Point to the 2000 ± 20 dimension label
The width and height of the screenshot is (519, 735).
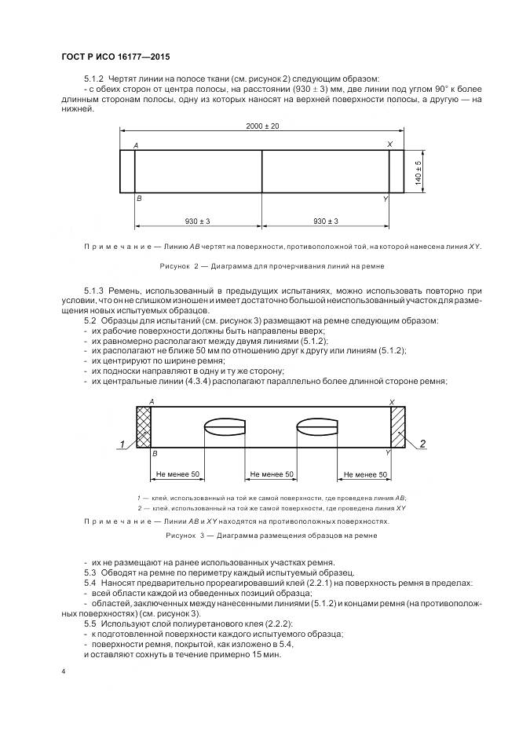262,126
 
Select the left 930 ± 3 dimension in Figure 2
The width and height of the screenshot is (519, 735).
197,221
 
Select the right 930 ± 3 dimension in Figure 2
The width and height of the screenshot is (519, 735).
325,221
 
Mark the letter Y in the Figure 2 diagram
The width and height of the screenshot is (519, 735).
385,200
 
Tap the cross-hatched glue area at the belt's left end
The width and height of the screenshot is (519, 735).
143,426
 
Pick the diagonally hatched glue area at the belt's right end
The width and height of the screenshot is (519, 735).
397,426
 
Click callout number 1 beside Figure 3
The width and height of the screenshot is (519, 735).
122,445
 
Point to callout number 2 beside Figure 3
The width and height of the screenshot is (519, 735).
422,444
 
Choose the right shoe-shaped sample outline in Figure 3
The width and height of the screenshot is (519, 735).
317,427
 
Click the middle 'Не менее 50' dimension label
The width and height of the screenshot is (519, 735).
271,475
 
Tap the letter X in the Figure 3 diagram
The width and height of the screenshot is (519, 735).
390,401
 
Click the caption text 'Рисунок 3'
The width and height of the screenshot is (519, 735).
185,535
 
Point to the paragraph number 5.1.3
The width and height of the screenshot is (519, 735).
95,290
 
